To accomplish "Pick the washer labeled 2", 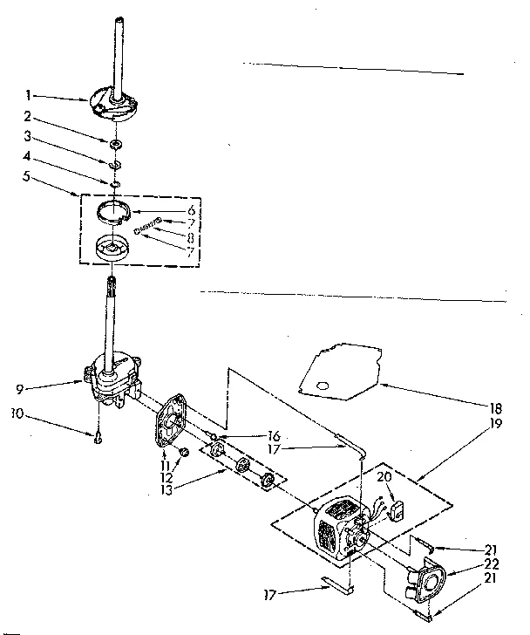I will [115, 141].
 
